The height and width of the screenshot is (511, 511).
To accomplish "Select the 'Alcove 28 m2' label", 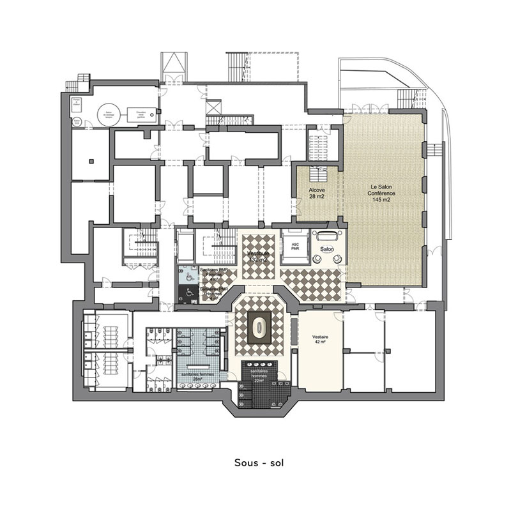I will point(316,194).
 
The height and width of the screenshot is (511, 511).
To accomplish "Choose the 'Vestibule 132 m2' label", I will point(259,256).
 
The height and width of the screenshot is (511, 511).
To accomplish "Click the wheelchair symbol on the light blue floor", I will point(189,277).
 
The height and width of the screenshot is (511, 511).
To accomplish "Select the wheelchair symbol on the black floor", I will point(189,294).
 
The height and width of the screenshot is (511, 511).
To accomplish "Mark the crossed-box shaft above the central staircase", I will point(213,107).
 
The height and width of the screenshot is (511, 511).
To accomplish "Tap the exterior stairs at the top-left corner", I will point(82,83).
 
